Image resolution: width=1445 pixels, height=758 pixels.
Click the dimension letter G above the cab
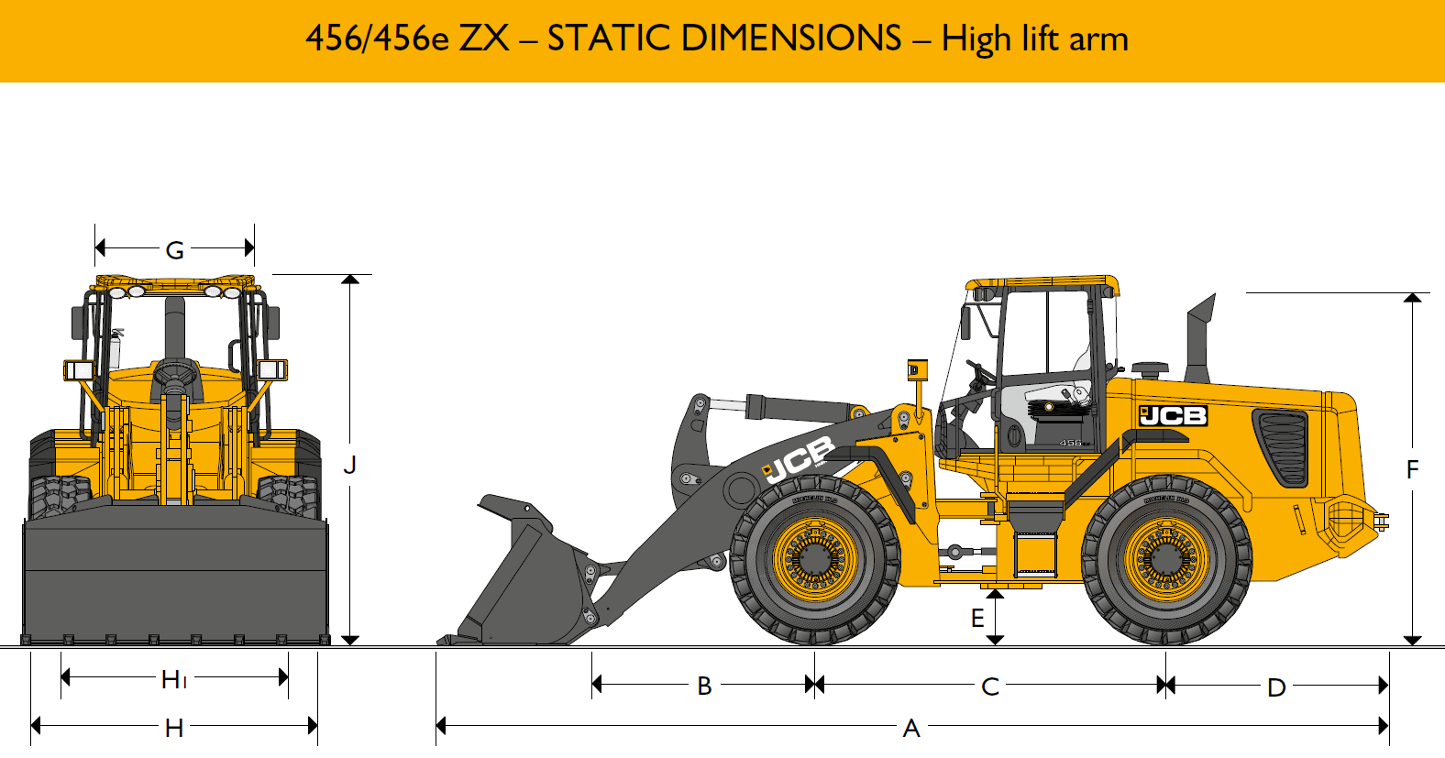click(x=175, y=249)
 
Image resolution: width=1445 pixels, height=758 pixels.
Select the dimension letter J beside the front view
click(x=349, y=465)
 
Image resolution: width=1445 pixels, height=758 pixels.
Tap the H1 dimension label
click(x=173, y=679)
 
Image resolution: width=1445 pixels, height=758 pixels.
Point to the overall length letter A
click(x=910, y=729)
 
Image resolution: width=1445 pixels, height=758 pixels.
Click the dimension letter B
click(x=704, y=686)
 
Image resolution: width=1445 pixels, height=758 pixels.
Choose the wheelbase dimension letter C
click(x=990, y=687)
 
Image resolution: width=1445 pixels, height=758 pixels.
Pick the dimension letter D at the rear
click(x=1276, y=687)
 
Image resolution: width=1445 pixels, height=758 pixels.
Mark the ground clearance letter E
click(x=978, y=618)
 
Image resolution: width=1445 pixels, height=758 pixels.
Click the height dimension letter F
click(x=1412, y=469)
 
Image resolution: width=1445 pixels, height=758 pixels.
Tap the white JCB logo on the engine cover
click(x=1173, y=416)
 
